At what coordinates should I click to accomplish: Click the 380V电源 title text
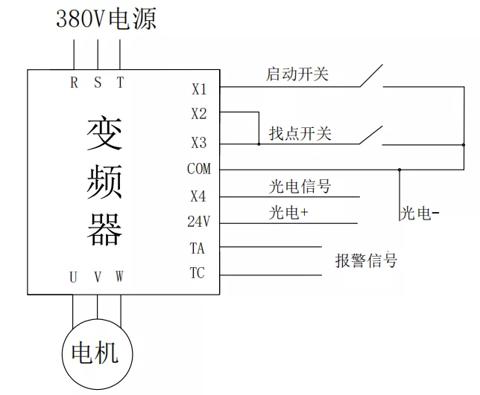pos(107,19)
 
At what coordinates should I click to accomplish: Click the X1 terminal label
pos(199,89)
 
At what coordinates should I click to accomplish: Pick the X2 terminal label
pos(199,115)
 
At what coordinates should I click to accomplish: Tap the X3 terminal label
pos(199,143)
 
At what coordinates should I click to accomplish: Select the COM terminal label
pos(199,169)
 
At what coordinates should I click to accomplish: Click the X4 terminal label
pos(198,197)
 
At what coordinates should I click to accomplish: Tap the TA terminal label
pos(197,248)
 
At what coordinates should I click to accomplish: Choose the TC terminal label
pos(197,274)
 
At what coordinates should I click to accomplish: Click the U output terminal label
pos(73,277)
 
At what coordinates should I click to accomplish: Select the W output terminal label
pos(120,277)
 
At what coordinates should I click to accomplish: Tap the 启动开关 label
pos(298,74)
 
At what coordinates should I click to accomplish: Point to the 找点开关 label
pos(300,134)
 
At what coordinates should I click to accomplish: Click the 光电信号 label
pos(300,186)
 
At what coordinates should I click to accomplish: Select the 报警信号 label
pos(366,260)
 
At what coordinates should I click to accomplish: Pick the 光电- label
pos(420,214)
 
